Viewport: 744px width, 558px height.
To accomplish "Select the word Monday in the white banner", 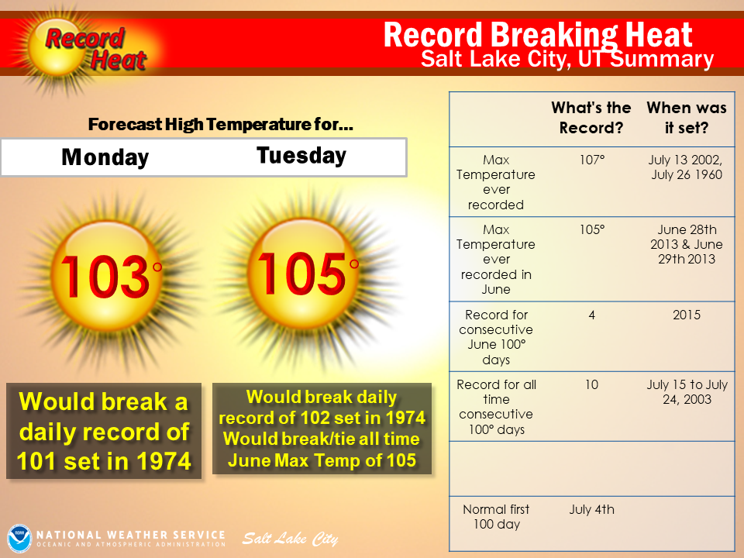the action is tap(105, 157).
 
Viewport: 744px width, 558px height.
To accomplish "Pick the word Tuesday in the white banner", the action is tap(301, 156).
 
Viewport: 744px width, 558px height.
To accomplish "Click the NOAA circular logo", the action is tap(19, 538).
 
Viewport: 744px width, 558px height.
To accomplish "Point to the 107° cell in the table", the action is tap(591, 160).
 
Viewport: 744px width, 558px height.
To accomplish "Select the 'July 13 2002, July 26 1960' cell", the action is tap(686, 167).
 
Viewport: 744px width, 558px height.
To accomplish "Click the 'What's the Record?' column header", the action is tap(591, 118).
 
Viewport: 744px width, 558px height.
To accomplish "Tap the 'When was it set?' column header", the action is tap(687, 118).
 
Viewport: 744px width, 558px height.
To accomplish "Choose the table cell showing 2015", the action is tap(687, 315).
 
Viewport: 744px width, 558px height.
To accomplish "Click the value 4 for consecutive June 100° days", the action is tap(591, 315).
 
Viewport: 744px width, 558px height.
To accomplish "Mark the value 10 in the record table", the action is tap(591, 384).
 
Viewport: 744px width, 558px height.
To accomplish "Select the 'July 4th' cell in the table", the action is tap(591, 510).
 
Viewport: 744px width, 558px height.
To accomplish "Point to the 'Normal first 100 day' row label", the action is tap(496, 517).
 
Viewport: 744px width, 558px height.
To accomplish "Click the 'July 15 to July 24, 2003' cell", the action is tap(687, 392).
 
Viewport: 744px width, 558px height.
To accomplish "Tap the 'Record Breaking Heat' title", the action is tap(538, 35).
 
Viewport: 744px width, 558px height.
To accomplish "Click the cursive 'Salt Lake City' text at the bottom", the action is tap(290, 539).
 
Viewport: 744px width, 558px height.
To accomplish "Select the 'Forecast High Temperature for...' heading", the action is tap(221, 124).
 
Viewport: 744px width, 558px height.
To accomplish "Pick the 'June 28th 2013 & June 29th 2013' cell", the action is tap(687, 244).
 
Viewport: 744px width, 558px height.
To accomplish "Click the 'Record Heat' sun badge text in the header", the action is tap(95, 50).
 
